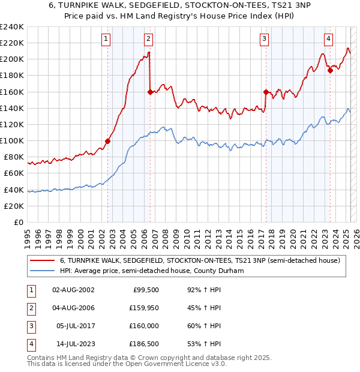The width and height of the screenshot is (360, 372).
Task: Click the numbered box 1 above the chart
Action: click(106, 39)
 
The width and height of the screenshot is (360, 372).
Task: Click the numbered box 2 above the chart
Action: click(148, 39)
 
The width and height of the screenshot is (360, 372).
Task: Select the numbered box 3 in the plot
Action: click(264, 39)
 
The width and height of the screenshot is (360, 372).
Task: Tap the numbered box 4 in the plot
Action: click(329, 39)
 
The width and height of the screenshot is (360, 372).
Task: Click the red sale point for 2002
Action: click(108, 142)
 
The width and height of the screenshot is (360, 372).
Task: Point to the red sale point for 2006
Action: click(149, 92)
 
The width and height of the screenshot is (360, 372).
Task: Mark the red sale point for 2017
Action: click(265, 92)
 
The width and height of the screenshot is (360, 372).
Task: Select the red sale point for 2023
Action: click(330, 70)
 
